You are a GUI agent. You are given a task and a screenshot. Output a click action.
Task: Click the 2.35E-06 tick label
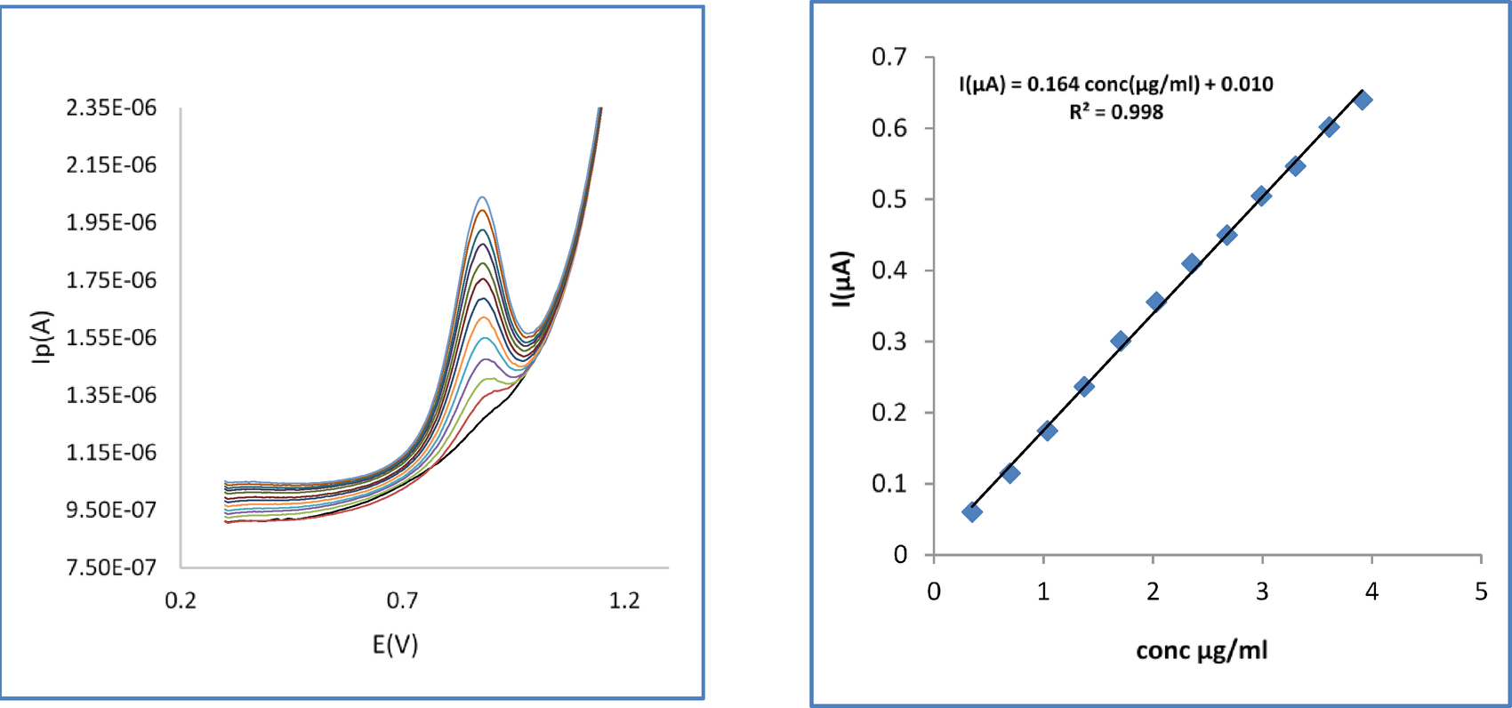(x=111, y=108)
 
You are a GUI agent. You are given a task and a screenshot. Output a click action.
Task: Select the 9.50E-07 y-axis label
(x=111, y=510)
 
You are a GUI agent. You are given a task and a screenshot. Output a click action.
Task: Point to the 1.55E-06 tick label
(x=111, y=337)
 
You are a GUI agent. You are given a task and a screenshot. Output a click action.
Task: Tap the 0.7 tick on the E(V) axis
(x=402, y=600)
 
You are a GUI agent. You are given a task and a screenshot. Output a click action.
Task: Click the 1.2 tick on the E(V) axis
(x=624, y=600)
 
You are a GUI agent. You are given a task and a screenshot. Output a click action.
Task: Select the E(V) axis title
(x=395, y=644)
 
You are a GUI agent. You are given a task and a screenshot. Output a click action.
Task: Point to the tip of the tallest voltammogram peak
(x=482, y=197)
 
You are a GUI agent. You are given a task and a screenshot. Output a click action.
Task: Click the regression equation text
(x=1115, y=84)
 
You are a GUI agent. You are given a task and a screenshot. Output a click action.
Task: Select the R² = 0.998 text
(x=1115, y=112)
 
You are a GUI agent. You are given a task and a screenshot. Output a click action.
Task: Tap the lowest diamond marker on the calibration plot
(x=972, y=512)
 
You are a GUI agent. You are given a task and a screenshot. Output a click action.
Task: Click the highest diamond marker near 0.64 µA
(x=1363, y=101)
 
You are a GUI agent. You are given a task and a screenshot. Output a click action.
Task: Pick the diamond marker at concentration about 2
(x=1155, y=302)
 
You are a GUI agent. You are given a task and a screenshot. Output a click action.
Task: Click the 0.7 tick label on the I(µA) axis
(x=889, y=57)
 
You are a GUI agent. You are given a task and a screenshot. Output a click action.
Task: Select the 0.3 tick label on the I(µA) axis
(x=889, y=342)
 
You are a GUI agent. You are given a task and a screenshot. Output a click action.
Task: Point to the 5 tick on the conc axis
(x=1481, y=591)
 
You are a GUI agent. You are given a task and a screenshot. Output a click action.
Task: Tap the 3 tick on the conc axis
(x=1262, y=591)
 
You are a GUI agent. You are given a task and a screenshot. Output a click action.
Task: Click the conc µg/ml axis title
(x=1202, y=650)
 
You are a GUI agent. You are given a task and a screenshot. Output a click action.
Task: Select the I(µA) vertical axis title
(x=842, y=279)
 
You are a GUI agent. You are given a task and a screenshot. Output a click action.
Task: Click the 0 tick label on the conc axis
(x=934, y=591)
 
